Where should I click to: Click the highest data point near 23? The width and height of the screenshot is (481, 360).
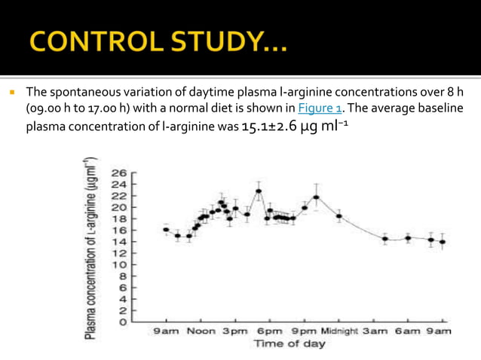coord(259,191)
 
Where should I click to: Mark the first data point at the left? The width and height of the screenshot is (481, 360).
coord(166,229)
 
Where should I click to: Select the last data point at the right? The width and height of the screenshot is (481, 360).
coord(442,242)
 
